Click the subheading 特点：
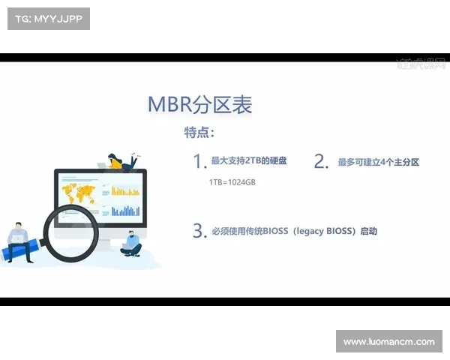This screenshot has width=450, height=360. (x=199, y=133)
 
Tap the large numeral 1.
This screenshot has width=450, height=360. (x=199, y=161)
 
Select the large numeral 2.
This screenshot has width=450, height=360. (x=321, y=161)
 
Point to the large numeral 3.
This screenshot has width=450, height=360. (x=199, y=230)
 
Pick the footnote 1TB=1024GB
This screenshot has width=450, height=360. (x=232, y=182)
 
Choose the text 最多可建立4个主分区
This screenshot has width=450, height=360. (x=378, y=162)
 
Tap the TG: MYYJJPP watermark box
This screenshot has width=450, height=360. (x=48, y=19)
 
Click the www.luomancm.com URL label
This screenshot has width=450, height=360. (x=388, y=342)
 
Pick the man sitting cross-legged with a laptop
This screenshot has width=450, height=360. (x=132, y=243)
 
